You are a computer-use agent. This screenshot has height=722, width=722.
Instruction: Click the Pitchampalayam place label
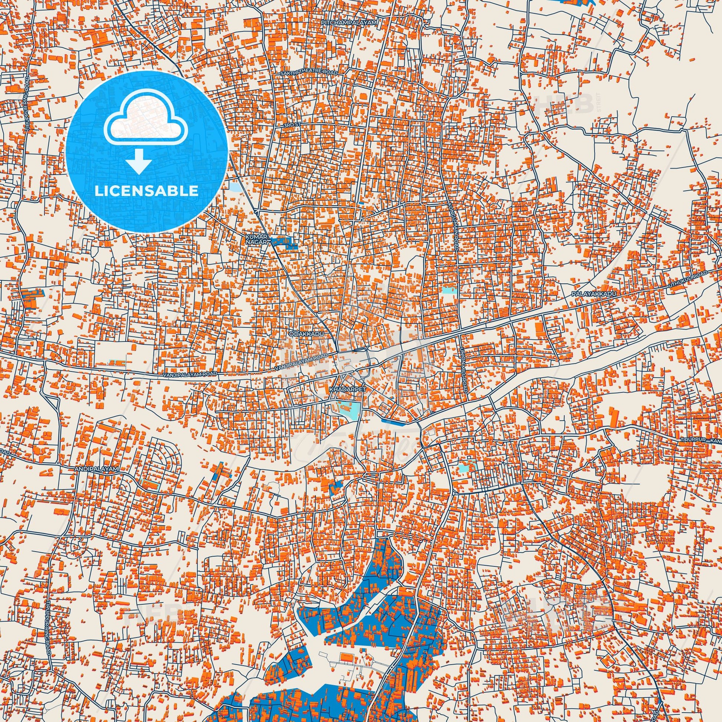point(348,22)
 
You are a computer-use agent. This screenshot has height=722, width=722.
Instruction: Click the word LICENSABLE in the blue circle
point(147,191)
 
